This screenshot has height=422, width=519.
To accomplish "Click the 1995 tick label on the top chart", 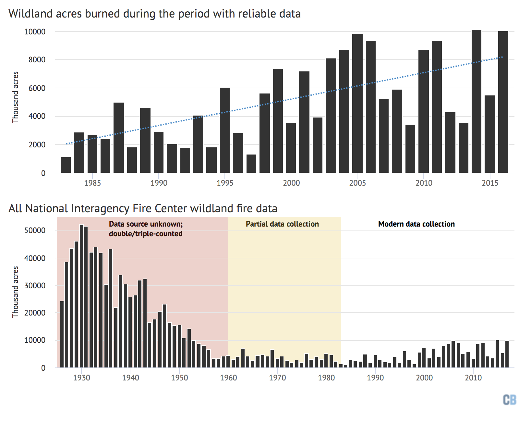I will tap(225, 183).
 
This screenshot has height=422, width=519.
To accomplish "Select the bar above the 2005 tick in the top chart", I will tap(357, 104).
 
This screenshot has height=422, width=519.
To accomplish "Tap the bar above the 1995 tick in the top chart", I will tap(225, 130).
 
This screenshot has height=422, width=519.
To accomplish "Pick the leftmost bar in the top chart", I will tap(66, 165).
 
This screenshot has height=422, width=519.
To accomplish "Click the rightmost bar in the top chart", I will tap(503, 102).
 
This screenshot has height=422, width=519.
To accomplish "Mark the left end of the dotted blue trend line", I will tap(66, 143).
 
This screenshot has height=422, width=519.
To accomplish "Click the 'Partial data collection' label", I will tap(282, 224).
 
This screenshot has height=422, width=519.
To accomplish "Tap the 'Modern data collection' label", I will tap(416, 224).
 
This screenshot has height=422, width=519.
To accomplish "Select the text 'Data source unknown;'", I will tap(146, 224).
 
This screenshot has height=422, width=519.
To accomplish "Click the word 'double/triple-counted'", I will tap(146, 234).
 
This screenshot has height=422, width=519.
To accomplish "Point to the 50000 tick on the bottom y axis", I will tap(35, 230).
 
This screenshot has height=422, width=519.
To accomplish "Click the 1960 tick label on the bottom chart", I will tap(228, 378).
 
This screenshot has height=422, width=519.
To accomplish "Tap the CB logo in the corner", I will tap(509, 400).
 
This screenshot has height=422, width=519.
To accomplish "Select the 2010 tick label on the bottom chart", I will tap(473, 378).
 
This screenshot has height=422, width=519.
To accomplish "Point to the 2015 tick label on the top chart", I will tap(490, 183).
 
